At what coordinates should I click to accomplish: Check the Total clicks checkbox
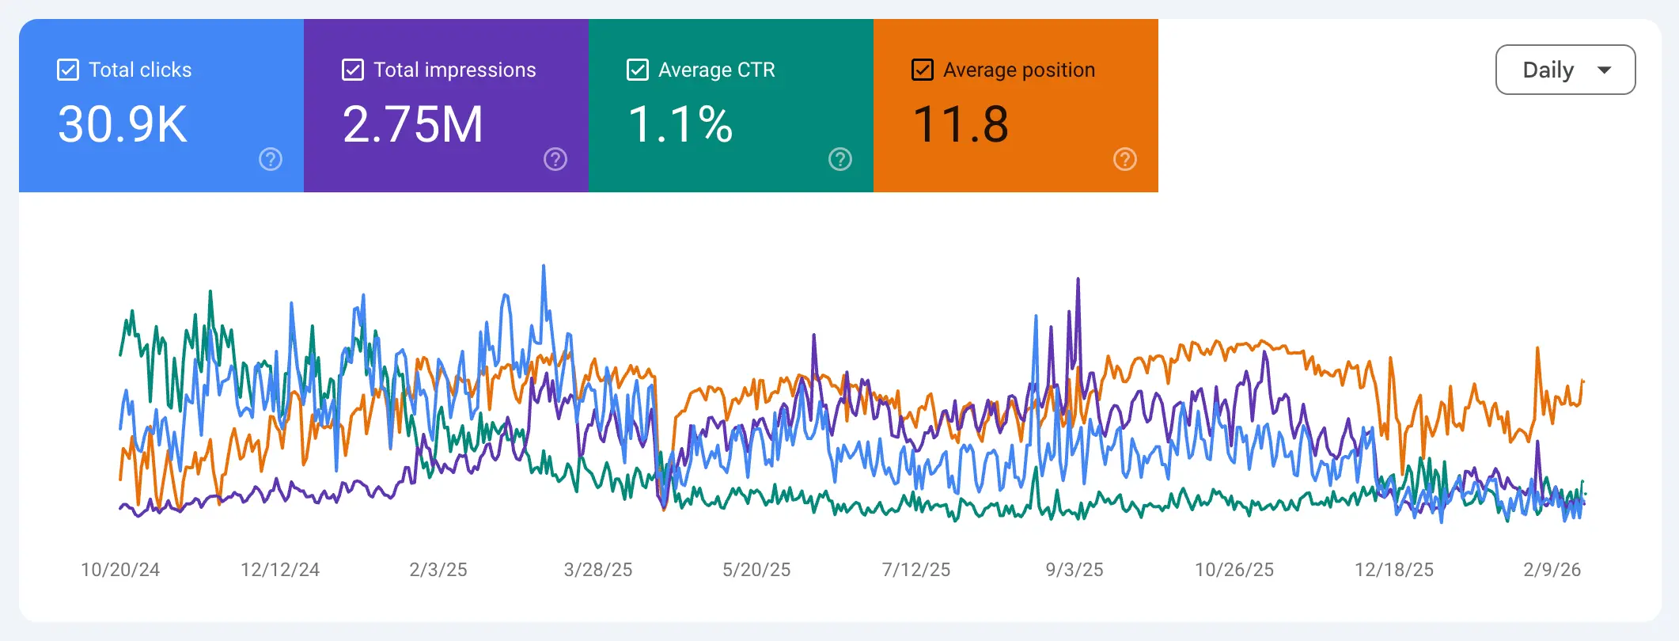tap(68, 70)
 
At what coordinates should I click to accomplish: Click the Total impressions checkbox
tap(353, 70)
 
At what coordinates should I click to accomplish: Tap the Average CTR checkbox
tap(638, 70)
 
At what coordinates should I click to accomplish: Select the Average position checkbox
tap(923, 70)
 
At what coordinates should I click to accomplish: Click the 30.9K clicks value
tap(123, 124)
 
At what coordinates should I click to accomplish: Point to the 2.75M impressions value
tap(412, 124)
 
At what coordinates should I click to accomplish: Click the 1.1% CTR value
tap(680, 124)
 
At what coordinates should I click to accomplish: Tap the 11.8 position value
tap(961, 124)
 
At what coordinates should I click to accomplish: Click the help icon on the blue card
tap(271, 159)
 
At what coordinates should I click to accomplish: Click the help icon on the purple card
tap(555, 159)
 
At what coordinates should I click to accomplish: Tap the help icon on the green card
tap(840, 159)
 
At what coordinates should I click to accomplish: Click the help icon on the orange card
tap(1125, 159)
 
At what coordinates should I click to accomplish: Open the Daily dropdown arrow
tap(1605, 70)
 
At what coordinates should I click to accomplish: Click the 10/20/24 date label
tap(120, 570)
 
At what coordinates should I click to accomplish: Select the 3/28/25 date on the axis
tap(598, 570)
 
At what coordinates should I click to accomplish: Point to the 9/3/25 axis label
tap(1074, 570)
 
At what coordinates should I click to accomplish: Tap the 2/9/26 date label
tap(1552, 570)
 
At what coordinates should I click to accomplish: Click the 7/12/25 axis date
tap(916, 570)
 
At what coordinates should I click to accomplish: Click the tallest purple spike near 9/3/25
tap(1078, 280)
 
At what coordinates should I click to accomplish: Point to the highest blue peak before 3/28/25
tap(544, 267)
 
